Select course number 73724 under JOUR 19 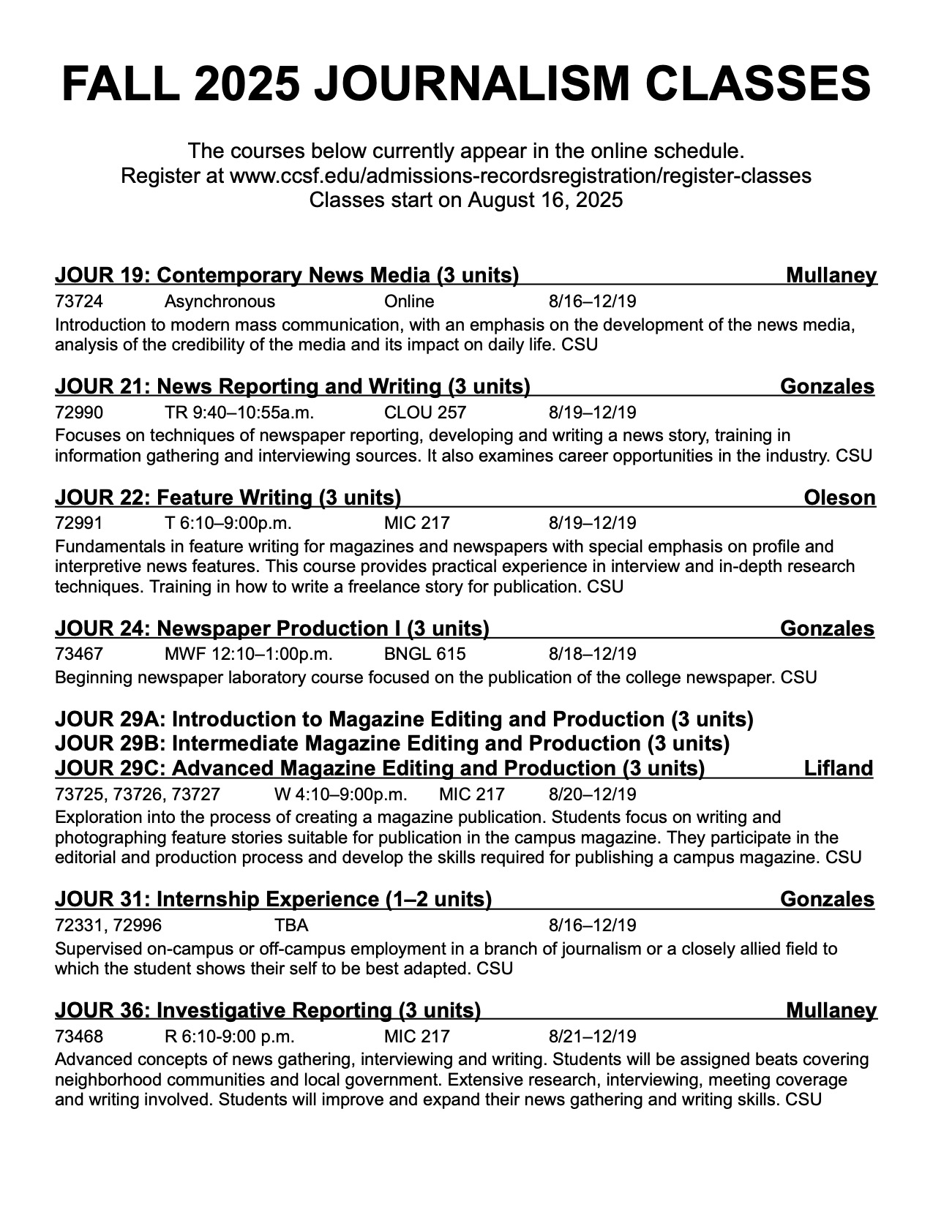coord(79,301)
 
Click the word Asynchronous coord(220,301)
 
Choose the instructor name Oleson coord(839,498)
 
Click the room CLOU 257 coord(424,412)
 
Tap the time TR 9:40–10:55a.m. coord(239,412)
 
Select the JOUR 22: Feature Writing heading coord(228,498)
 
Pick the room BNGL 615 coord(424,654)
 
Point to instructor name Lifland coord(838,769)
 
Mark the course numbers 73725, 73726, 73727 coord(137,794)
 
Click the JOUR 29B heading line coord(391,744)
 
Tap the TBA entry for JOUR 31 coord(291,925)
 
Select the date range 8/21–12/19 coord(592,1037)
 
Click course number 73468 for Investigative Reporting coord(79,1037)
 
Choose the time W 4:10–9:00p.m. coord(340,794)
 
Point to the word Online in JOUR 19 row coord(409,301)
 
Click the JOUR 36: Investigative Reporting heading coord(267,1011)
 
